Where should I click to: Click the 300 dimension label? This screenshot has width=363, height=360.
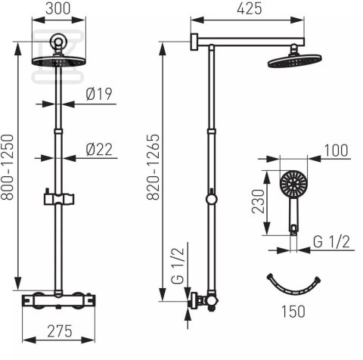(58, 8)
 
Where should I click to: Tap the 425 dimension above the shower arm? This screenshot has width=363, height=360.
(250, 8)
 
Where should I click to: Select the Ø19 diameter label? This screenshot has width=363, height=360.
(99, 94)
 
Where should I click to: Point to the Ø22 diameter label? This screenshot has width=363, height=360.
(99, 150)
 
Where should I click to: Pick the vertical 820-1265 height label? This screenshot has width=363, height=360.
(153, 167)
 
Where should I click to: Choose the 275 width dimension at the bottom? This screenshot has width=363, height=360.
(60, 331)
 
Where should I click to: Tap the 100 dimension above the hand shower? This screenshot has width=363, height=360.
(336, 151)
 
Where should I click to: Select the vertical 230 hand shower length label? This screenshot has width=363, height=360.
(258, 201)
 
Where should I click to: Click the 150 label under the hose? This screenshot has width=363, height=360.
(293, 312)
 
